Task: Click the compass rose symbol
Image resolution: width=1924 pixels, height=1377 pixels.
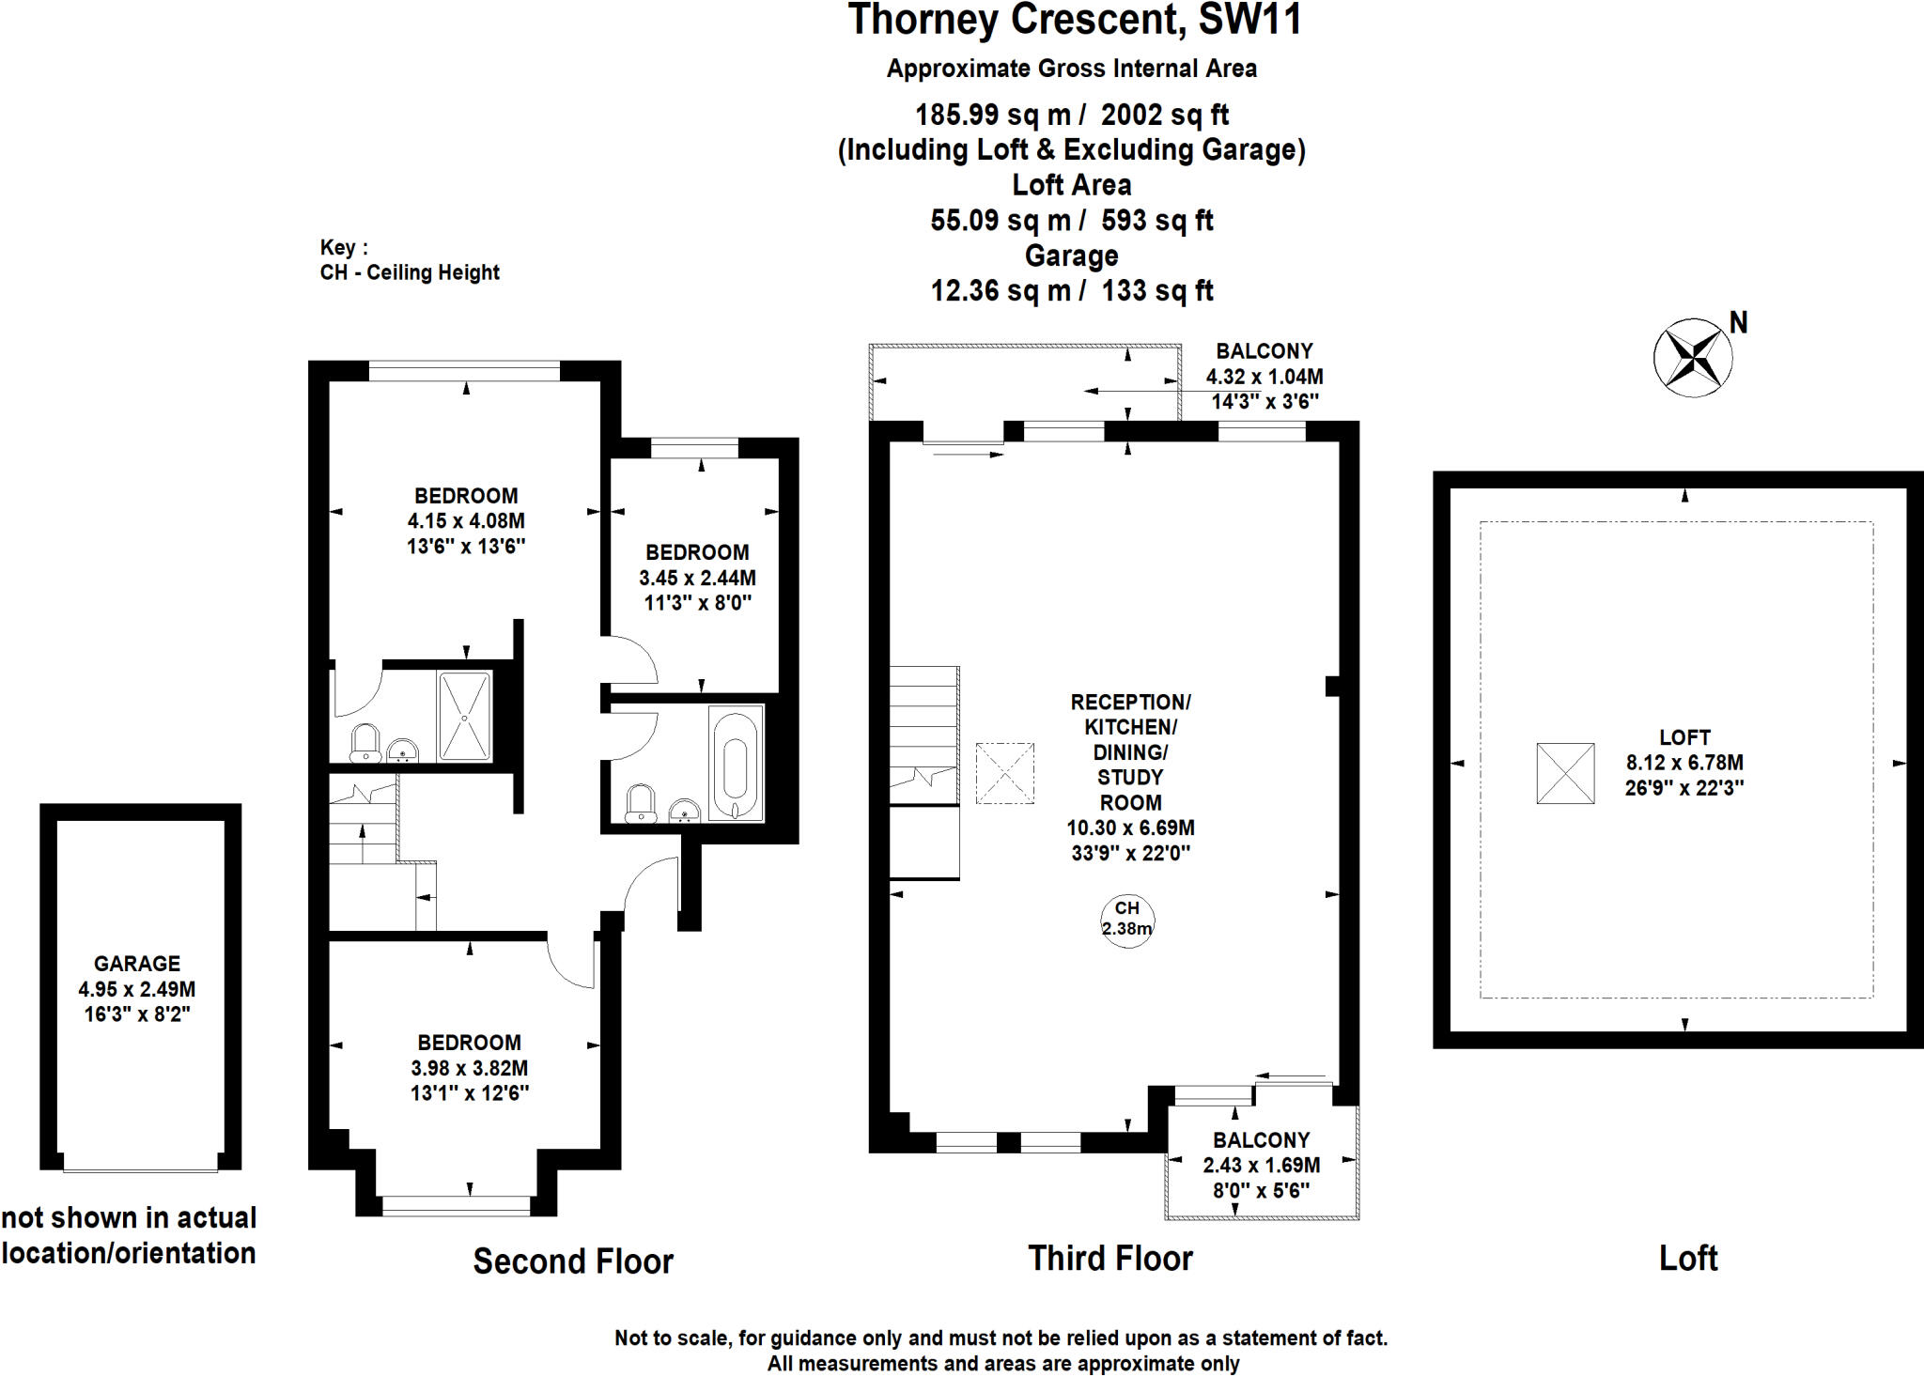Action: click(1693, 358)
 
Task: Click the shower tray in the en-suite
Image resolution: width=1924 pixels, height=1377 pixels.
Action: click(464, 716)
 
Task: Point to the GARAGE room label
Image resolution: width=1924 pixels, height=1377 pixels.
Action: click(137, 964)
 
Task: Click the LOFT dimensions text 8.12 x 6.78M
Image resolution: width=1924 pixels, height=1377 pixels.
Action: click(1684, 763)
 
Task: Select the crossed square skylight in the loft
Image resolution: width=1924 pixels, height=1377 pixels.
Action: click(1565, 773)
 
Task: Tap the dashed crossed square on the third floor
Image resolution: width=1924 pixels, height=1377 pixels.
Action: click(1004, 773)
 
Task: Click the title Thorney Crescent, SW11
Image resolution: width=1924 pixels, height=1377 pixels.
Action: click(1074, 21)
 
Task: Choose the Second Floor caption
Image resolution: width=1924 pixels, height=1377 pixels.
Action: click(573, 1261)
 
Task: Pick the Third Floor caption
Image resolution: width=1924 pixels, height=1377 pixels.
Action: click(1110, 1259)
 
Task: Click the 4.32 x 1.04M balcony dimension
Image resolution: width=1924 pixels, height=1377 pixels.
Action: click(1265, 377)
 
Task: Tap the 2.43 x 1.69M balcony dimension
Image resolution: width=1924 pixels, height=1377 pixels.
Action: click(1261, 1165)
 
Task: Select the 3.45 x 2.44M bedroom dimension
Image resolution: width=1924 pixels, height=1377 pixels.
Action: click(697, 578)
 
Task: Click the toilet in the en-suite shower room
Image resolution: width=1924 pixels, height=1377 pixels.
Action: click(365, 743)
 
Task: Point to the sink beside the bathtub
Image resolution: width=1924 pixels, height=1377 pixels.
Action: click(685, 811)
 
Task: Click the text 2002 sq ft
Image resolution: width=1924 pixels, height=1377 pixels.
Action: click(1165, 115)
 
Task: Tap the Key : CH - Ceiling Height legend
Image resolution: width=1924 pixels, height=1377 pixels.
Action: click(410, 260)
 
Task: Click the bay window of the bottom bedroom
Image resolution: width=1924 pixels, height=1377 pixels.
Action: click(457, 1205)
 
